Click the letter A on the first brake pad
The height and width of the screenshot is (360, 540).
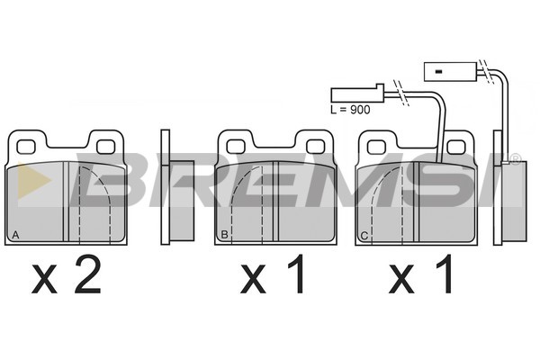tap(15, 235)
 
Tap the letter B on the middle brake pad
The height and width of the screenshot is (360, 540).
tap(224, 235)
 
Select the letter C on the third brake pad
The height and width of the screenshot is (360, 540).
tap(364, 236)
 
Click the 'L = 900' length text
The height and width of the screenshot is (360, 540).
tap(350, 110)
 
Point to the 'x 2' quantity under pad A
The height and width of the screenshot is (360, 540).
tap(67, 274)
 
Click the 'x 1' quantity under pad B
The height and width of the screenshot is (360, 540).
tap(273, 274)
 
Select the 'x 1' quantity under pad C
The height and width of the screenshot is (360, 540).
tap(420, 274)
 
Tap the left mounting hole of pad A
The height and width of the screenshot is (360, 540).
tap(26, 147)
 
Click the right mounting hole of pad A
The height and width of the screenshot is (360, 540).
tap(105, 147)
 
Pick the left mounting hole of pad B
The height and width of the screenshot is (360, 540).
tap(236, 147)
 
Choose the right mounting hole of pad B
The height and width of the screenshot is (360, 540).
tap(316, 147)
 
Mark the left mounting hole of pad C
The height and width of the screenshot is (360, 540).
tap(376, 147)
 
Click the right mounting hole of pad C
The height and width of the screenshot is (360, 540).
tap(456, 147)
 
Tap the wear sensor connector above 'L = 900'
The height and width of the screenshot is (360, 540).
tap(357, 94)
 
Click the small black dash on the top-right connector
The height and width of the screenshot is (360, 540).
tap(438, 72)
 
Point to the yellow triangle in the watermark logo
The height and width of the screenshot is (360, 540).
tap(32, 180)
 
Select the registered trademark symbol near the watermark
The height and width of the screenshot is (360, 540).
tap(515, 159)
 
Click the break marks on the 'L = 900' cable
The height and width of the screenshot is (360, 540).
tap(401, 93)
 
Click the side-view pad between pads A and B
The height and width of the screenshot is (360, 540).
tap(177, 187)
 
